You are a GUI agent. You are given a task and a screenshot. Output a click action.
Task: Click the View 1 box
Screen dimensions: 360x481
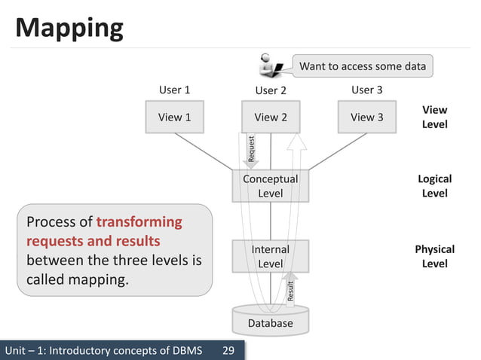coord(174,117)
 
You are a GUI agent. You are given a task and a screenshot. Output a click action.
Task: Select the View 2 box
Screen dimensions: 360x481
coord(271,117)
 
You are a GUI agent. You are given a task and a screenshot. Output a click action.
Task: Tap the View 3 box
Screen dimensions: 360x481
coord(366,117)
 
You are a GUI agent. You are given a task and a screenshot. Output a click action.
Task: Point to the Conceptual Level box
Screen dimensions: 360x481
coord(271,186)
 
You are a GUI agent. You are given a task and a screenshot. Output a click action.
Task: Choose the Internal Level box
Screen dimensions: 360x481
coord(271,256)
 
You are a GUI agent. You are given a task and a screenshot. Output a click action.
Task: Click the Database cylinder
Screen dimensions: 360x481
coord(271,319)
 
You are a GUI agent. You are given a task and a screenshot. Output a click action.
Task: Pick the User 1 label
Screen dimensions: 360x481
coord(174,90)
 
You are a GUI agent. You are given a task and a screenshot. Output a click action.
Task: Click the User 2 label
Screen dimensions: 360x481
coord(271,91)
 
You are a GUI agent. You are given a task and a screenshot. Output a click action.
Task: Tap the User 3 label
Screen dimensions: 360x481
coord(366,90)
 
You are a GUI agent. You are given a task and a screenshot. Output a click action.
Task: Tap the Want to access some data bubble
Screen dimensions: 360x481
coord(362,66)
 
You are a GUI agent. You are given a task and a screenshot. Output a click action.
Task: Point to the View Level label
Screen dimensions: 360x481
coord(434,117)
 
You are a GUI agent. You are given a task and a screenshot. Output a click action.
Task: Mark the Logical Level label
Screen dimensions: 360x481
coord(434,186)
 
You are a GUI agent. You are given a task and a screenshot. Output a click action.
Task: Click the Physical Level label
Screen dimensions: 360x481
coord(434,256)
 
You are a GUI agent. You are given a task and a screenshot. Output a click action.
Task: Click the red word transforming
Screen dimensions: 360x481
coord(139,222)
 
